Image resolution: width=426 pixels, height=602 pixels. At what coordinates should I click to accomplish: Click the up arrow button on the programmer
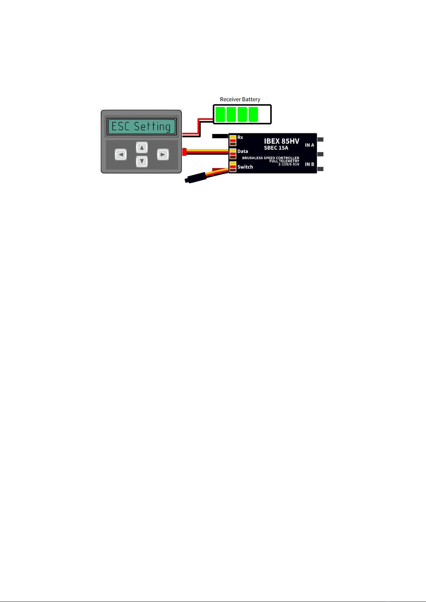tap(142, 147)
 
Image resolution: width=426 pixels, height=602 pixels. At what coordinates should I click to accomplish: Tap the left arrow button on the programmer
tap(121, 155)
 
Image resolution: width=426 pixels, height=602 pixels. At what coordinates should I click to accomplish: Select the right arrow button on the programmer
tap(163, 155)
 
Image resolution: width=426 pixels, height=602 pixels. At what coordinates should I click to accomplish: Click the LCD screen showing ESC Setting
tap(142, 126)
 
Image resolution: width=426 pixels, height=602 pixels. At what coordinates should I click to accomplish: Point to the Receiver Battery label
tap(240, 99)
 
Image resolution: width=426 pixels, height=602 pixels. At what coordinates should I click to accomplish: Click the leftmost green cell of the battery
tap(220, 114)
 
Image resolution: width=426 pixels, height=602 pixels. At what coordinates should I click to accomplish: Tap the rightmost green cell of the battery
tap(253, 114)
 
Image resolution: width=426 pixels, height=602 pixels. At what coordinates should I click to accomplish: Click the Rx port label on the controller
tap(240, 137)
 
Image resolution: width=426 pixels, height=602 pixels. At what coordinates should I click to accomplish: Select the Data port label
tap(242, 151)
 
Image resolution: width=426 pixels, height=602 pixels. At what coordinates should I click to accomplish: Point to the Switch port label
tap(245, 167)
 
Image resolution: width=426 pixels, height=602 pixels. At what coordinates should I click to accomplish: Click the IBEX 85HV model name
tap(281, 141)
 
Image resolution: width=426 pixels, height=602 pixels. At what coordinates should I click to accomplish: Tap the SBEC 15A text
tap(276, 148)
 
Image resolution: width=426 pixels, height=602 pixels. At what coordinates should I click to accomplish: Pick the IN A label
tap(309, 145)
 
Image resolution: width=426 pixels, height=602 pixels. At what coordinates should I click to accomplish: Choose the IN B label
tap(309, 164)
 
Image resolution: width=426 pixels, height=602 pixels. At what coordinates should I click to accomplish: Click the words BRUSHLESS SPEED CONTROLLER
tap(271, 158)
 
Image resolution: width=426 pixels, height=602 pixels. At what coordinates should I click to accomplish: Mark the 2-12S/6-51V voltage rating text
tap(289, 164)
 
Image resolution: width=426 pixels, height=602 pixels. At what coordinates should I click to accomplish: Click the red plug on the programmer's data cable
tap(184, 152)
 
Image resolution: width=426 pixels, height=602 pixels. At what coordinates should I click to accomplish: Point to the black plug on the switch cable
tap(195, 179)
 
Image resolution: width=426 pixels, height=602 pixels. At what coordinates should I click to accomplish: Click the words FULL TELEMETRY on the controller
tap(284, 161)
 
